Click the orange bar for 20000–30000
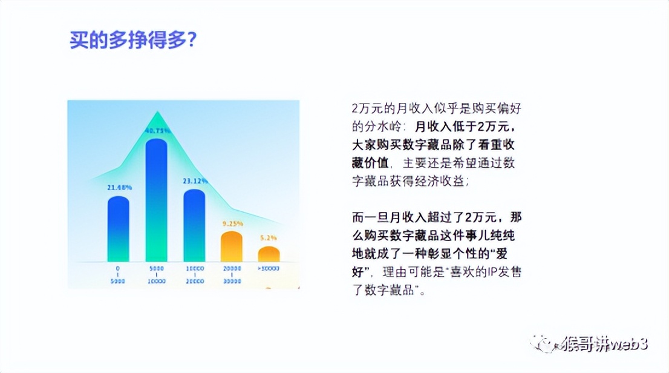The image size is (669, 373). (232, 246)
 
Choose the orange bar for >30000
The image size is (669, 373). (269, 254)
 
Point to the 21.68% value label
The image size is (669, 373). (119, 188)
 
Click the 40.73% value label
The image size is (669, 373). (157, 130)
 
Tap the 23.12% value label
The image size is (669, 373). (195, 181)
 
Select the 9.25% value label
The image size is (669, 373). (232, 223)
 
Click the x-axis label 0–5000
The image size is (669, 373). (119, 274)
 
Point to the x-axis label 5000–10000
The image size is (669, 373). (156, 274)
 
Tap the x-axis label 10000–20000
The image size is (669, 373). (194, 274)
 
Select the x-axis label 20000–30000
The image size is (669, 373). (232, 274)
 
